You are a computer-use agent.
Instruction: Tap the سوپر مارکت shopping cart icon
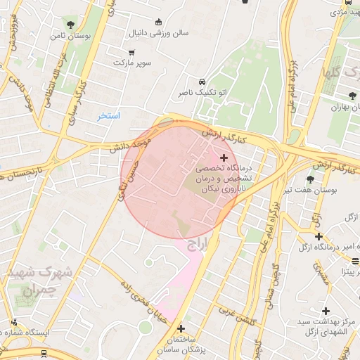(131, 53)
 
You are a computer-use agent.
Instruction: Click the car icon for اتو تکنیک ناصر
(202, 81)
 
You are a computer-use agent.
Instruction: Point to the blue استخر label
(109, 115)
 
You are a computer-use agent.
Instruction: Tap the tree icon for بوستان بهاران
(352, 95)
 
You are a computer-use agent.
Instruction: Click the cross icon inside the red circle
(224, 157)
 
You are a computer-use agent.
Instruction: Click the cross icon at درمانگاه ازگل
(319, 236)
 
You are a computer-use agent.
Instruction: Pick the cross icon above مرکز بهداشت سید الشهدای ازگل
(326, 310)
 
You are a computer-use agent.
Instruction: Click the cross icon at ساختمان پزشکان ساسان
(181, 328)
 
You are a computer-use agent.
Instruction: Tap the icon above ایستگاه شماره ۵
(13, 322)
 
